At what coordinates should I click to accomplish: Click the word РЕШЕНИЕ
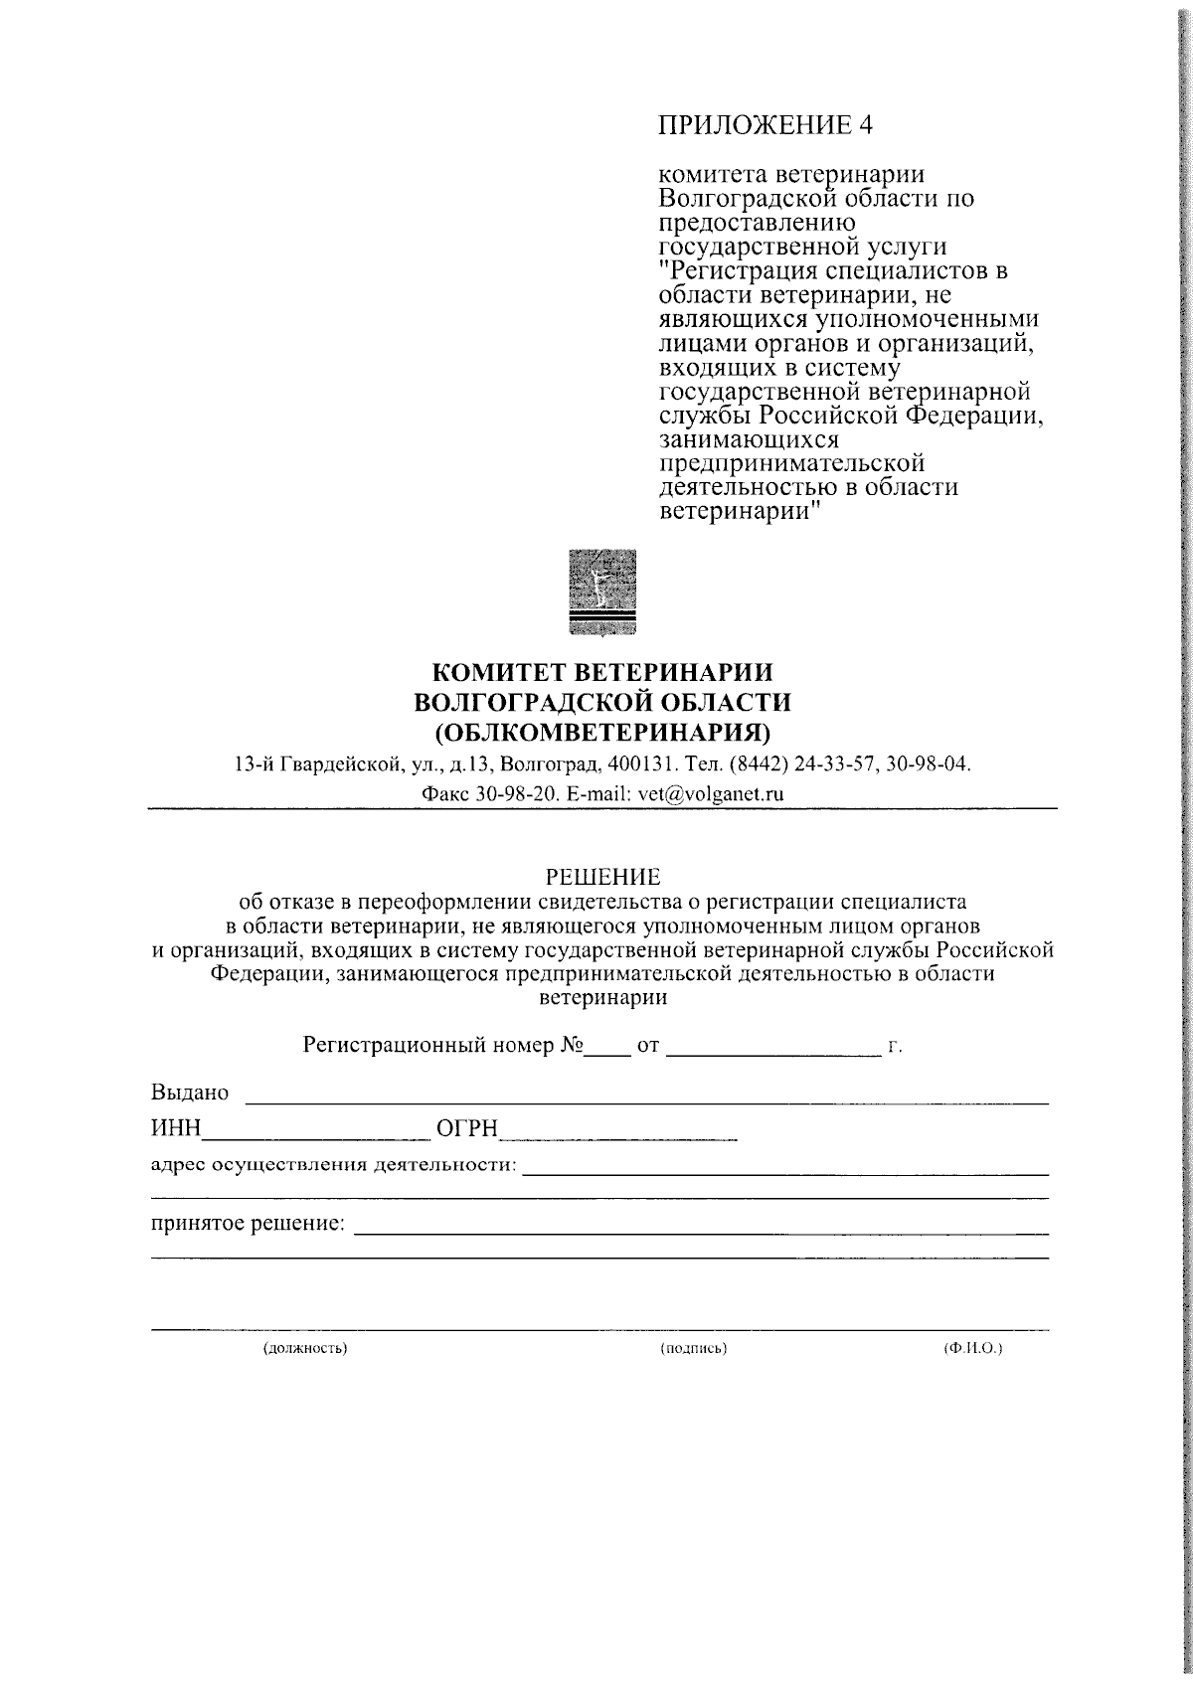(x=603, y=877)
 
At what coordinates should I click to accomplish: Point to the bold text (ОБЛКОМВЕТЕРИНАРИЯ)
(x=602, y=733)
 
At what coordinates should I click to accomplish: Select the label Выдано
(x=190, y=1093)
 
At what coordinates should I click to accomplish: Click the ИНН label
(x=176, y=1127)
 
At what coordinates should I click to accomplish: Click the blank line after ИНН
(x=313, y=1135)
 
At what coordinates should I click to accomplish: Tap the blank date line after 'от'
(x=772, y=1053)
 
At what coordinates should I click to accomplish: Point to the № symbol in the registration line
(x=572, y=1046)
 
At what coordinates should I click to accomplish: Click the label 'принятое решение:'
(x=248, y=1222)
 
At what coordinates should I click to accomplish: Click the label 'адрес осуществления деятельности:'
(x=333, y=1164)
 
